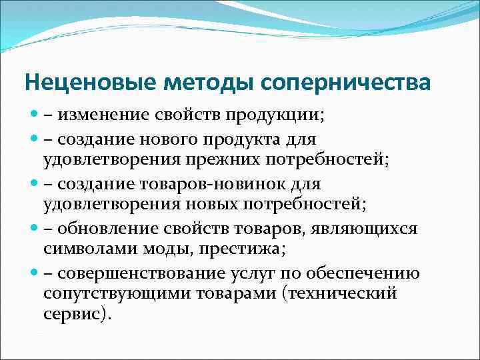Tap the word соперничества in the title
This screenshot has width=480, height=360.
[345, 83]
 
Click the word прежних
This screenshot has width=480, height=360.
[234, 159]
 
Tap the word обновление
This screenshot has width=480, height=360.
[103, 228]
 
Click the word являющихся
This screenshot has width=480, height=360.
[375, 228]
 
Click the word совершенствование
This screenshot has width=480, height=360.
[139, 273]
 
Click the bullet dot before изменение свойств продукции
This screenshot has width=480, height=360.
[33, 115]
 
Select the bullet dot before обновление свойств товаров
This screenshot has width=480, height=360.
[33, 228]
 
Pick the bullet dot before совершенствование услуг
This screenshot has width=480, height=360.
[33, 273]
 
